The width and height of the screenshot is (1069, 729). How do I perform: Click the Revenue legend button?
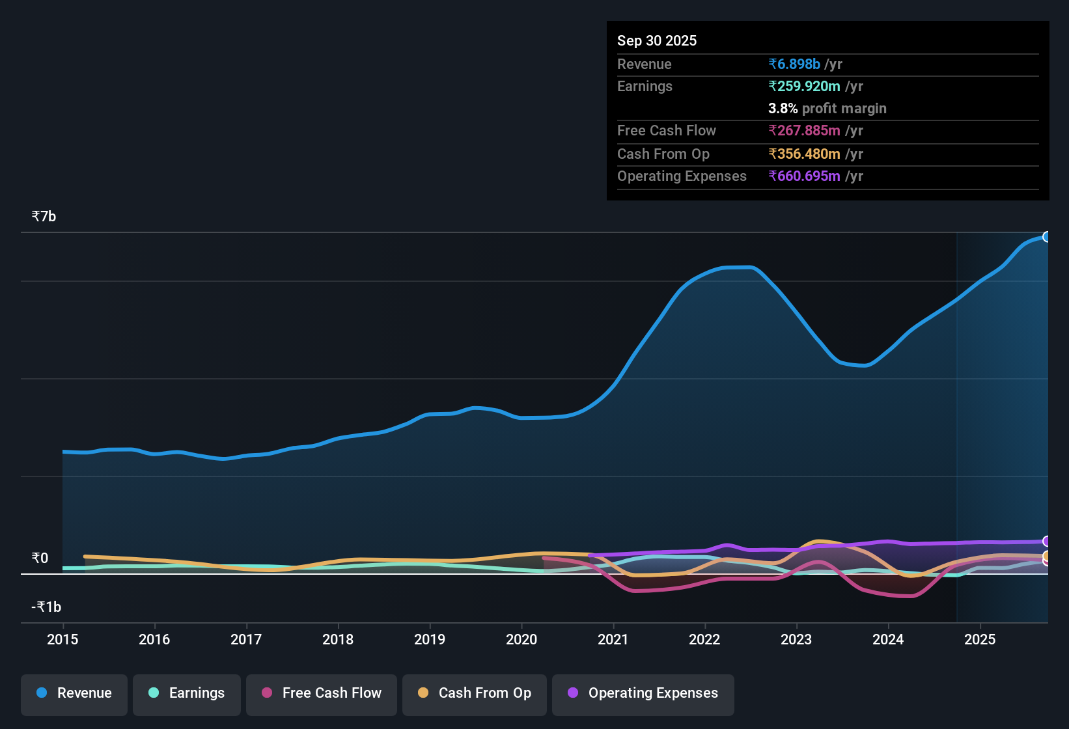(x=74, y=693)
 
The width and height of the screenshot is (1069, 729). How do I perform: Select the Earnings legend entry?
(x=187, y=693)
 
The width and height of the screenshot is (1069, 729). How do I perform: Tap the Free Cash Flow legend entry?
(x=322, y=693)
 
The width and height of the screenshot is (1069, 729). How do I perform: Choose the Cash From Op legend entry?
(x=475, y=693)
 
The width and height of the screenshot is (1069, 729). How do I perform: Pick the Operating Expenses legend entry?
(x=643, y=693)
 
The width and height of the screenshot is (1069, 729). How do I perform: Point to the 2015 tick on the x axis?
(x=62, y=639)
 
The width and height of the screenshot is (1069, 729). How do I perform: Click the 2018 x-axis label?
(x=338, y=639)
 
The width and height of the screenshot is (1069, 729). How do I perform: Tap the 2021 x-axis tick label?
(x=613, y=639)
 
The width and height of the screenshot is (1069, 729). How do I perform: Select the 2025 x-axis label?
(x=980, y=639)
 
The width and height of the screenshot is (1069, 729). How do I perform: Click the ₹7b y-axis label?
(x=44, y=216)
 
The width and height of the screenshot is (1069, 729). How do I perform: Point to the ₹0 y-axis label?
(x=40, y=558)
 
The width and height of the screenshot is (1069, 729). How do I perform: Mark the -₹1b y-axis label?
(x=46, y=607)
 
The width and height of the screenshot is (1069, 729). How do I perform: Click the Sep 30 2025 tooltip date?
(x=657, y=40)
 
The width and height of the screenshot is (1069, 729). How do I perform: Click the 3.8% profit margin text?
(x=827, y=108)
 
